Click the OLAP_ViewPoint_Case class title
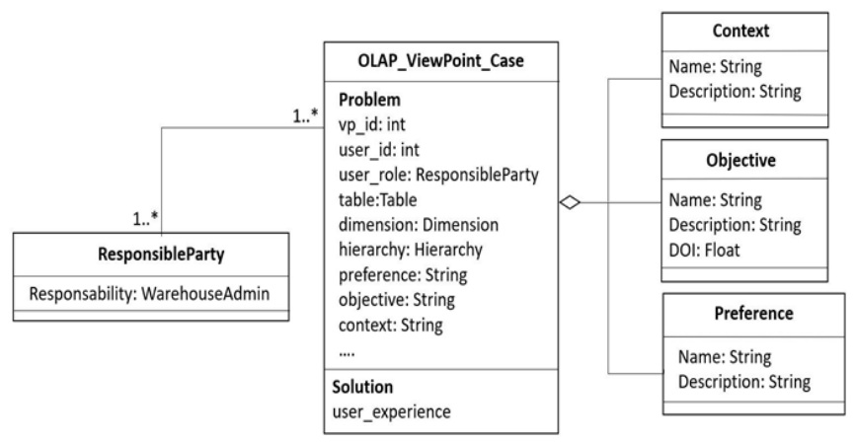tap(440, 60)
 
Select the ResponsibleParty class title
tap(161, 255)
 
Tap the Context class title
tap(740, 31)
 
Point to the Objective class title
tap(740, 160)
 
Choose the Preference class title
tap(753, 314)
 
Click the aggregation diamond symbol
tap(570, 203)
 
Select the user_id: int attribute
tap(379, 150)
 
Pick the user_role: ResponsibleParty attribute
tap(438, 175)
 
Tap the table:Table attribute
tap(377, 200)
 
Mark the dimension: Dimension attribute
tap(419, 225)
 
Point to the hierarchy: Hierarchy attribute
tap(411, 250)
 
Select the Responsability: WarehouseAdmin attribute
tap(149, 294)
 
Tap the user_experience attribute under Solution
tap(392, 412)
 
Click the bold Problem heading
tap(369, 100)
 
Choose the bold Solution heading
tap(362, 387)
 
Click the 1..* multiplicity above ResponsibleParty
tap(145, 219)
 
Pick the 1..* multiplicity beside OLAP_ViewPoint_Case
tap(305, 115)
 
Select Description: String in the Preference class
tap(744, 382)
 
